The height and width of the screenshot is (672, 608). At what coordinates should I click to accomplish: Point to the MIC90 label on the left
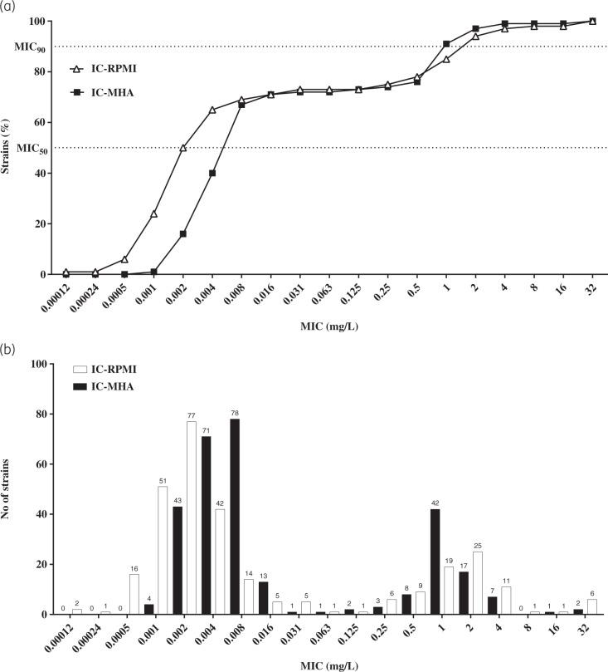pos(30,47)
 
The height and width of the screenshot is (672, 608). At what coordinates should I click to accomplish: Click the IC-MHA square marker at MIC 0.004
pos(212,173)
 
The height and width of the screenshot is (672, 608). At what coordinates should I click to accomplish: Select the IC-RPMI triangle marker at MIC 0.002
pos(182,148)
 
